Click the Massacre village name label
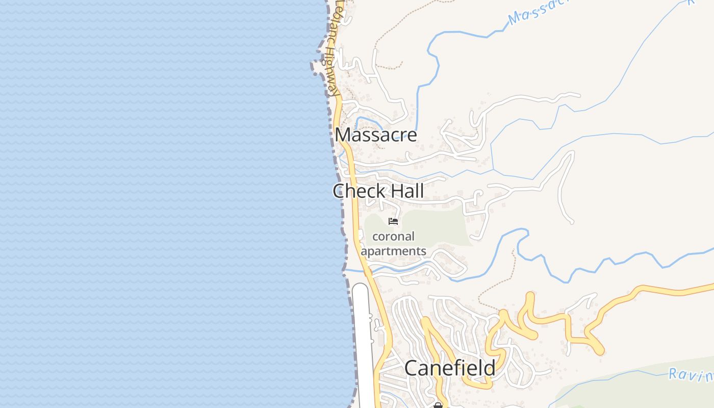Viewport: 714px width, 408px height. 376,135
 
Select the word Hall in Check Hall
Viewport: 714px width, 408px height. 404,191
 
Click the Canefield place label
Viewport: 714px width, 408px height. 450,368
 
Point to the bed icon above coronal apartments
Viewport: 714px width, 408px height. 393,221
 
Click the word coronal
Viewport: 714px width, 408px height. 393,237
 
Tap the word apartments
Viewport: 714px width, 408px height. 393,251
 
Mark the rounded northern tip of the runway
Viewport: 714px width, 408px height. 361,287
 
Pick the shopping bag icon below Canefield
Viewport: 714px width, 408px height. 438,405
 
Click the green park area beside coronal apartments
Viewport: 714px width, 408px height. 439,227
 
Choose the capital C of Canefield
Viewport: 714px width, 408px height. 411,368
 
